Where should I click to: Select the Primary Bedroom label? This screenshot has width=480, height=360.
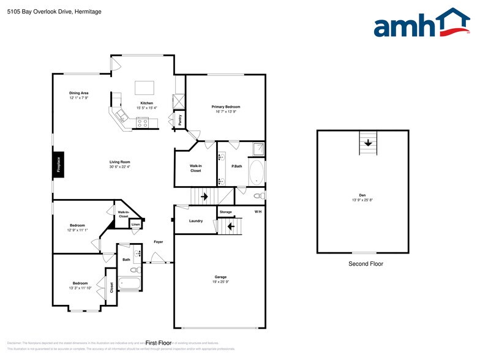pyautogui.click(x=226, y=107)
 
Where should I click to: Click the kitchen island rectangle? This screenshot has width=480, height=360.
pyautogui.click(x=144, y=86)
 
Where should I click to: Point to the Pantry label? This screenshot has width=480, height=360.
pyautogui.click(x=180, y=120)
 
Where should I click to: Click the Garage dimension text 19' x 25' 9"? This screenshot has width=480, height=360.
pyautogui.click(x=220, y=282)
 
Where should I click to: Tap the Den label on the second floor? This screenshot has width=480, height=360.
pyautogui.click(x=362, y=195)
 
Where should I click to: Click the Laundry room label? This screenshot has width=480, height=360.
pyautogui.click(x=196, y=221)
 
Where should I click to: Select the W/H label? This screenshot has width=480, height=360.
pyautogui.click(x=258, y=212)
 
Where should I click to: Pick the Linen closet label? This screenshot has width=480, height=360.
pyautogui.click(x=136, y=225)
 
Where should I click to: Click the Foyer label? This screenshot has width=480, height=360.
pyautogui.click(x=158, y=242)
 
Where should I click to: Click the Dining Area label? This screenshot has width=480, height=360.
pyautogui.click(x=78, y=93)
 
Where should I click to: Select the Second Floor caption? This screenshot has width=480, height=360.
pyautogui.click(x=365, y=264)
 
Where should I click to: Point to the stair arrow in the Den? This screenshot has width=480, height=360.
pyautogui.click(x=367, y=143)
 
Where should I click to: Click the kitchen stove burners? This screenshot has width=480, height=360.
pyautogui.click(x=142, y=122)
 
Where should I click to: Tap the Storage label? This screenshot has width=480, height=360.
pyautogui.click(x=226, y=212)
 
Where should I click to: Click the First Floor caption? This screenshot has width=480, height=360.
pyautogui.click(x=159, y=343)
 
